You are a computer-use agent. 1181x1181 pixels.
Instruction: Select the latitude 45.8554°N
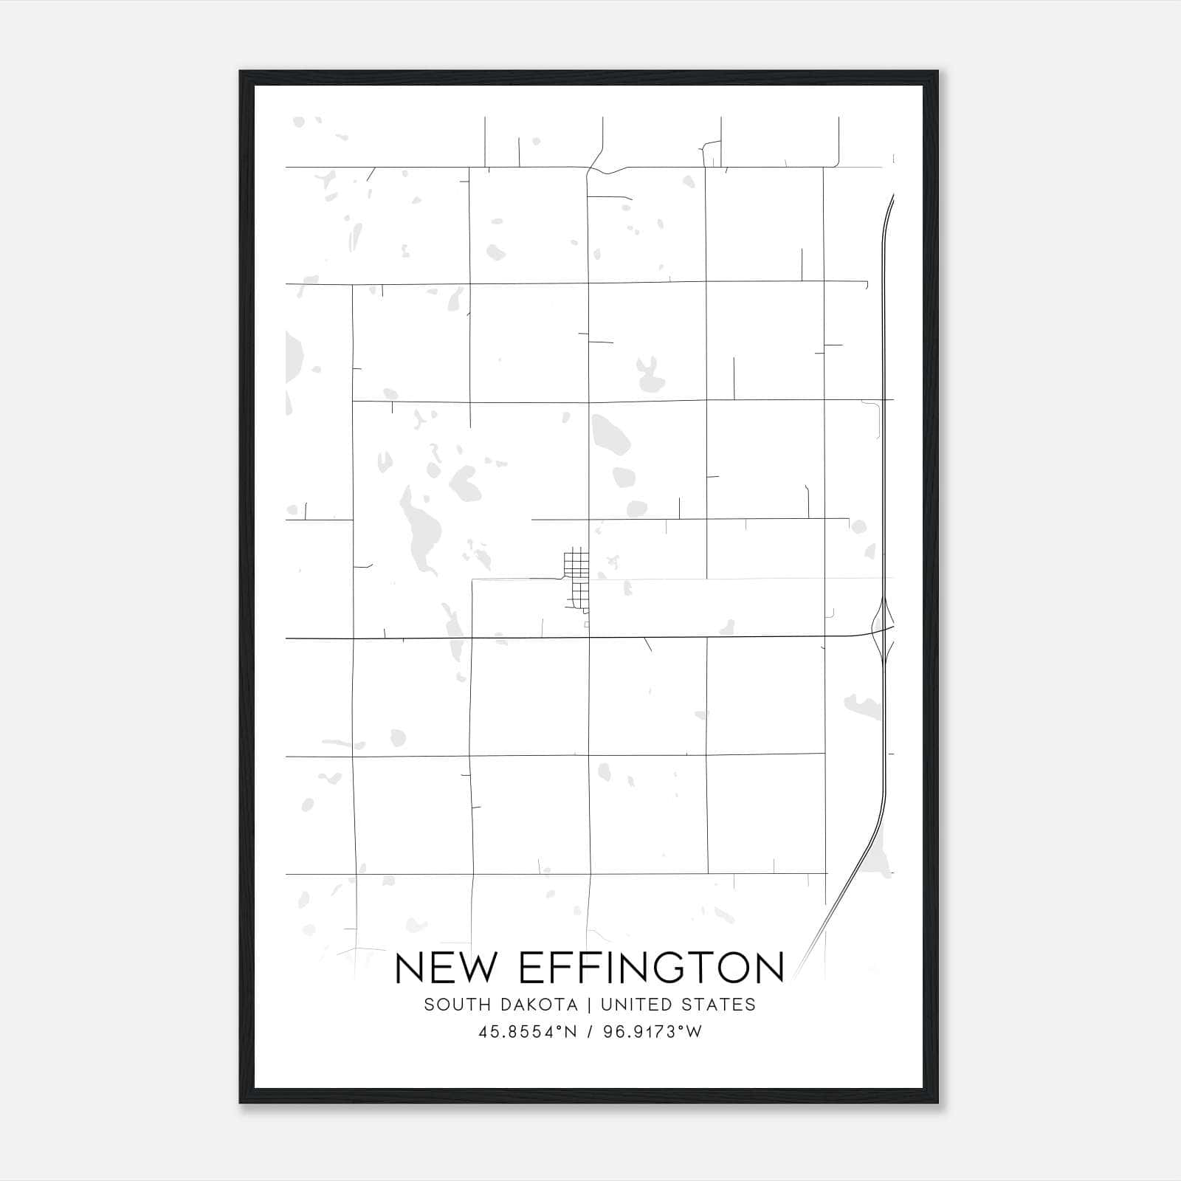[x=527, y=1032]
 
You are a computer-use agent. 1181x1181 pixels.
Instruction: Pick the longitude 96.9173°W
[x=653, y=1032]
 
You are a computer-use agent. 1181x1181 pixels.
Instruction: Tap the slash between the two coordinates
[x=590, y=1032]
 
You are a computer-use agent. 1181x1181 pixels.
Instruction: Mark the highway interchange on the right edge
[x=883, y=627]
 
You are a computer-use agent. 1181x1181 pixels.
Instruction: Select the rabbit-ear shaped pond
[x=650, y=376]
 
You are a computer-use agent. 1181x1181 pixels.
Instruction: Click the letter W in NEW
[x=477, y=968]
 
